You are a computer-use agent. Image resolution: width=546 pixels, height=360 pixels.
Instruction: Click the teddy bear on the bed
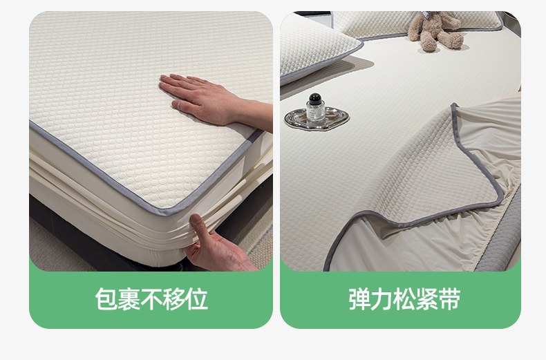[x=436, y=30]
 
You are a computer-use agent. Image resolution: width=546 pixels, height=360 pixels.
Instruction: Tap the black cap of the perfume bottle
[x=315, y=98]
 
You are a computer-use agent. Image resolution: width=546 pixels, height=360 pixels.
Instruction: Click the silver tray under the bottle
[x=317, y=119]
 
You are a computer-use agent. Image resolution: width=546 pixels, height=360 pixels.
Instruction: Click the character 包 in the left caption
[x=106, y=299]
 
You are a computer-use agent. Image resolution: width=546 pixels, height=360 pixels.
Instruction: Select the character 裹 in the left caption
[x=129, y=299]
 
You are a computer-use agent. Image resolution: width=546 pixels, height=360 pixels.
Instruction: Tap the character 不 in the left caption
[x=151, y=299]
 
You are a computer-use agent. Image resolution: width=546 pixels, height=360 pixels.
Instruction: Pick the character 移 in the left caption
[x=174, y=299]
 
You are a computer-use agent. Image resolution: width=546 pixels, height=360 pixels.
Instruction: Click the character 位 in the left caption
[x=197, y=299]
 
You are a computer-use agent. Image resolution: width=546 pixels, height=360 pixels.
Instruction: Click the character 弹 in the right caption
[x=359, y=299]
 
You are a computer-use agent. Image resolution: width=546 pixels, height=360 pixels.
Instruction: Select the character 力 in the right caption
[x=382, y=299]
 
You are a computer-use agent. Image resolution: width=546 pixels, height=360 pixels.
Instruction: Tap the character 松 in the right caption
[x=404, y=299]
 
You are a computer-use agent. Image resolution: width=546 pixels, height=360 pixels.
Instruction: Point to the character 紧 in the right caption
[x=427, y=299]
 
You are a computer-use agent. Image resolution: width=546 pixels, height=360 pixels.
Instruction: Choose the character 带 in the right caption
[x=450, y=299]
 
